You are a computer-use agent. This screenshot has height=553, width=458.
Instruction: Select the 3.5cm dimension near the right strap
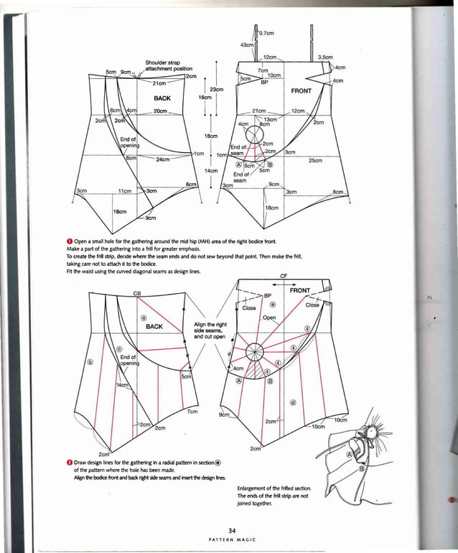click(325, 56)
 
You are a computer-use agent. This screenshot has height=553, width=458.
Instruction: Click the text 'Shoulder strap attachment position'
click(164, 65)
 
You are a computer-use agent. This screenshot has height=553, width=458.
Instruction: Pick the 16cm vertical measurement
click(205, 97)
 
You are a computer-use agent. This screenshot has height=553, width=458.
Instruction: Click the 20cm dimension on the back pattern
click(161, 111)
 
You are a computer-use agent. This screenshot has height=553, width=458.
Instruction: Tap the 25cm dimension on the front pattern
click(314, 160)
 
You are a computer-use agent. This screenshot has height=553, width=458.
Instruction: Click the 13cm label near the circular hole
click(271, 119)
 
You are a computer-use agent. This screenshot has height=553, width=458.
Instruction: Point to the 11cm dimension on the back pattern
click(124, 191)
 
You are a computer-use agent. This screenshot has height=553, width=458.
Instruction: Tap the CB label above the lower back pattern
click(136, 294)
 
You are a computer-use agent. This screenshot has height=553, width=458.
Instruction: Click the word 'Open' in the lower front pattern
click(269, 317)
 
